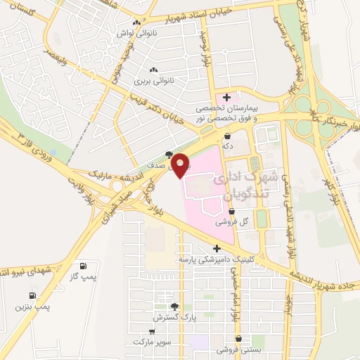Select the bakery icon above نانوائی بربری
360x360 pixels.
coord(153,70)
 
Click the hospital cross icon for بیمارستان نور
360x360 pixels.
coord(226,97)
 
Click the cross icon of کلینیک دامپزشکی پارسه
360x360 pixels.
coord(217,248)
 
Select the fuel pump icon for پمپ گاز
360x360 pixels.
coord(84,266)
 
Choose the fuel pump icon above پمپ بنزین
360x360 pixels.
coord(32,296)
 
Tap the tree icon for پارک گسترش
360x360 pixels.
coord(175,307)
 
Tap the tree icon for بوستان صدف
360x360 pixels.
coord(169,155)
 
